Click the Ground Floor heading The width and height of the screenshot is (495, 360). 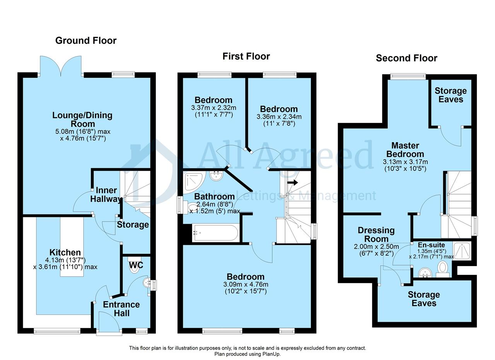coord(86,41)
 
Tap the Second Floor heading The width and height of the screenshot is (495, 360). coord(406,58)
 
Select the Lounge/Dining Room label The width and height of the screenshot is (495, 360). coord(82,119)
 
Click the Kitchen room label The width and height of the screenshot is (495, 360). coord(65,253)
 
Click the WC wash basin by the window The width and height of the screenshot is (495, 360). coord(146,283)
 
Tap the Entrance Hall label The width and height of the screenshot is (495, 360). coord(121,309)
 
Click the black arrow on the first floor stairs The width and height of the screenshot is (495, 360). coord(292,183)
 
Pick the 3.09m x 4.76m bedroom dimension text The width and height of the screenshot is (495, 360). coord(246,288)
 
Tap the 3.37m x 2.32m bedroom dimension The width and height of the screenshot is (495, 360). coord(213,111)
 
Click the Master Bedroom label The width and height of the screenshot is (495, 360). coord(405,150)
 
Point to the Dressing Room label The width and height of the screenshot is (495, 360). coord(376,235)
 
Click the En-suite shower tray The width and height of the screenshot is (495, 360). coord(462,251)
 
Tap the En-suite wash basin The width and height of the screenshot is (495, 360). coord(425,273)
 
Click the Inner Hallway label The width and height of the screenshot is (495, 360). coord(106,195)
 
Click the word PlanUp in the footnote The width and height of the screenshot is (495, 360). coord(271,354)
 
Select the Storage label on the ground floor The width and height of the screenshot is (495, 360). coord(133,225)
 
